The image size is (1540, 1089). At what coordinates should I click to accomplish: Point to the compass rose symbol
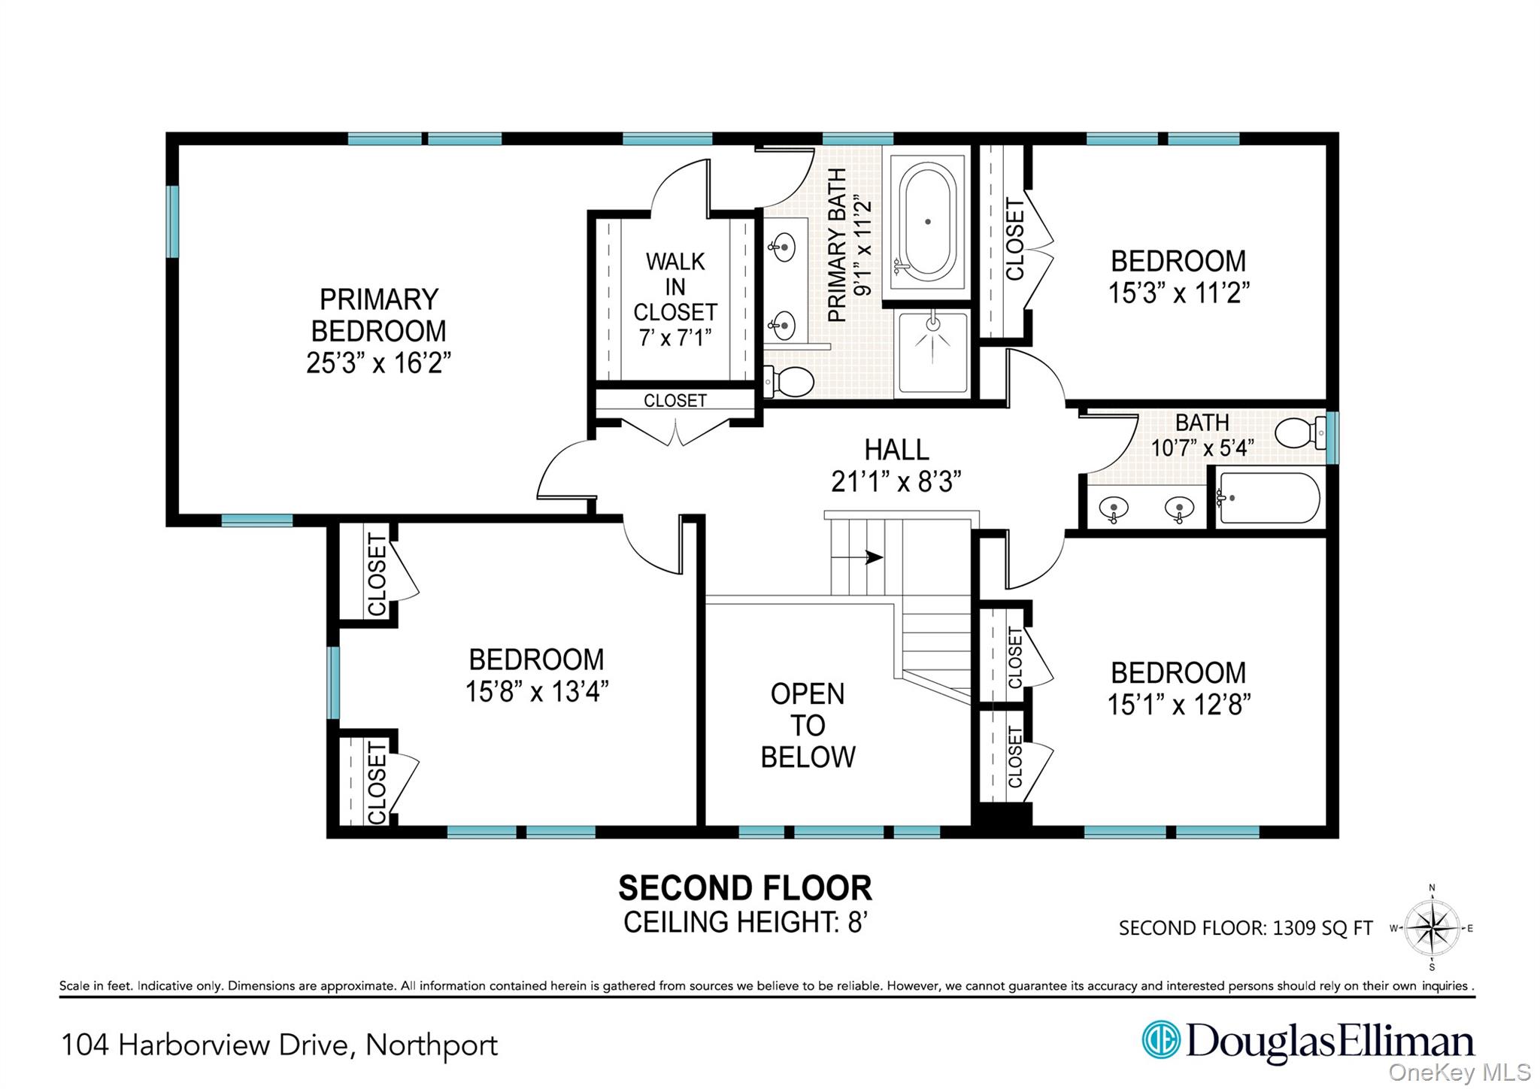pyautogui.click(x=1432, y=929)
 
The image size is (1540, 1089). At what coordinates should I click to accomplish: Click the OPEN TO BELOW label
pyautogui.click(x=808, y=725)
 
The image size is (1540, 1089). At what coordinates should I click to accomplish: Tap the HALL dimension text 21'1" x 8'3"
pyautogui.click(x=896, y=481)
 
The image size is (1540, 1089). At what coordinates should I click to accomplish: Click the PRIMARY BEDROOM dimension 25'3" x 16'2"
pyautogui.click(x=378, y=362)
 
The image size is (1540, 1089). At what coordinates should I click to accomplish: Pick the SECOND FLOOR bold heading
pyautogui.click(x=744, y=888)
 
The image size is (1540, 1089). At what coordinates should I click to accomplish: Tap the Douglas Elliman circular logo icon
pyautogui.click(x=1161, y=1040)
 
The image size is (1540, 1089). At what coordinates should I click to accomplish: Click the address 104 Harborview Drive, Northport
pyautogui.click(x=279, y=1045)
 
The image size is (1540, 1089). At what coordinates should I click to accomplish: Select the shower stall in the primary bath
pyautogui.click(x=932, y=352)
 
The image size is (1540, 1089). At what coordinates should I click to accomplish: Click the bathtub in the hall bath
pyautogui.click(x=1269, y=498)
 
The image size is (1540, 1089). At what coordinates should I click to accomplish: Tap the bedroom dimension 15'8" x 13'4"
pyautogui.click(x=536, y=691)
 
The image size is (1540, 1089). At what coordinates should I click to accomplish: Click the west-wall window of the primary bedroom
pyautogui.click(x=173, y=221)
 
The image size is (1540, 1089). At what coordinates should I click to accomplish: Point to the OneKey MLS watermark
pyautogui.click(x=1459, y=1072)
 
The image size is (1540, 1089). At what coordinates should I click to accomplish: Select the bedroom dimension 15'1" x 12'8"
pyautogui.click(x=1178, y=705)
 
